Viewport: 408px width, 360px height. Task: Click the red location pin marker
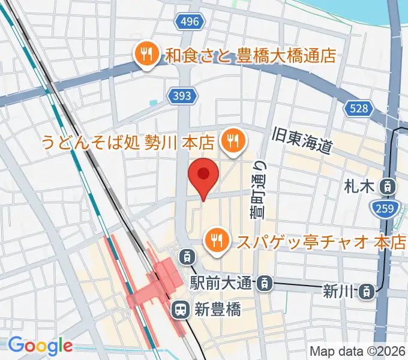(x=203, y=175)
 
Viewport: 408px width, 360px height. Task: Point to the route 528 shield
(x=359, y=109)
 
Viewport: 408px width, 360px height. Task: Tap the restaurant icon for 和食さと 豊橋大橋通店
(x=146, y=55)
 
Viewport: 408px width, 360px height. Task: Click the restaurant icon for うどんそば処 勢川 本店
(x=231, y=142)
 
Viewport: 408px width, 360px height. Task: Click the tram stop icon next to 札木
(x=388, y=187)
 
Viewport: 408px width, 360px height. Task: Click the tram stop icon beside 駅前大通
(x=265, y=281)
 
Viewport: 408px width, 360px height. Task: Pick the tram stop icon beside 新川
(x=365, y=292)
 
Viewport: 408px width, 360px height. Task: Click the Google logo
(x=40, y=345)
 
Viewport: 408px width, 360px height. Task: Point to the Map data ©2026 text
(x=358, y=351)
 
